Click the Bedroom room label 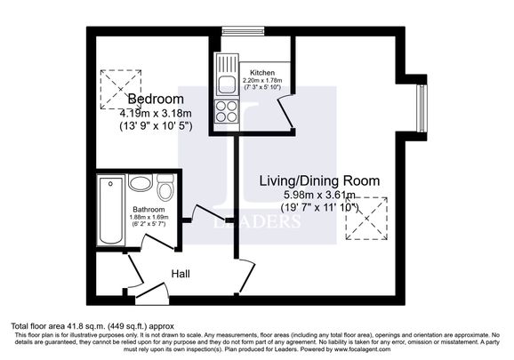156,99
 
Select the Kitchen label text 262,71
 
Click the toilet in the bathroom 165,188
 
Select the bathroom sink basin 141,184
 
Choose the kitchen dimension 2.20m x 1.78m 262,80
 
